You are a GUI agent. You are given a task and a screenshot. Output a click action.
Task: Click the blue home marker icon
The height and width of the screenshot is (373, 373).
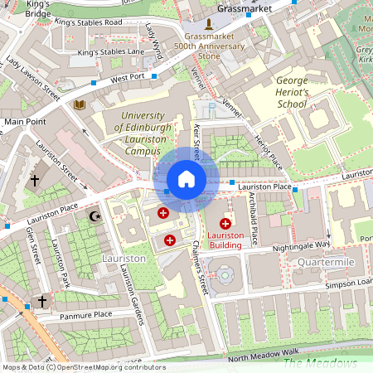(186, 179)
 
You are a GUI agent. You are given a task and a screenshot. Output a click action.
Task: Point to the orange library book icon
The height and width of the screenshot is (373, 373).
(80, 105)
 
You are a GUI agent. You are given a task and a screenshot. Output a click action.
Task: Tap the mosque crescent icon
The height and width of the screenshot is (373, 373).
(94, 217)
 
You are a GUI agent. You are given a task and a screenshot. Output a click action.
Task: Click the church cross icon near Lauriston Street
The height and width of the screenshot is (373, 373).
(35, 180)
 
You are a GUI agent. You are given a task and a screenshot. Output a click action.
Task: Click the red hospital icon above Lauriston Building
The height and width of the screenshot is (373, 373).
(225, 224)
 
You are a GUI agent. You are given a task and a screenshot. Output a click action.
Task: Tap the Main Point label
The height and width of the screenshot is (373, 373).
(25, 121)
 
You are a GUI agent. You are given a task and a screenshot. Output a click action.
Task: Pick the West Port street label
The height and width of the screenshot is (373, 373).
(128, 77)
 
